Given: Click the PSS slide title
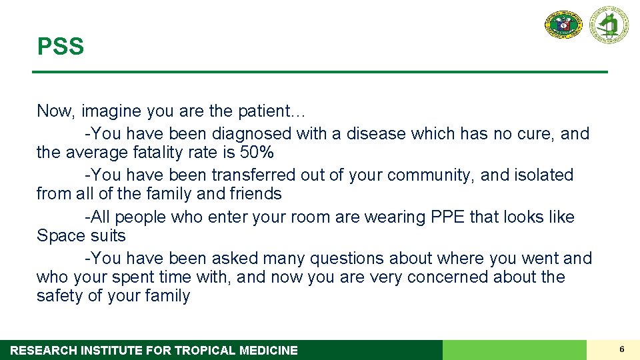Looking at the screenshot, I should [x=61, y=47].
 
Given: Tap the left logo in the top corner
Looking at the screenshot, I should [x=563, y=25].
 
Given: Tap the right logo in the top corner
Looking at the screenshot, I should [x=608, y=25].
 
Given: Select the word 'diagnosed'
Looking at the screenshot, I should [x=250, y=134].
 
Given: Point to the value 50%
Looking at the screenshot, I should [x=257, y=153].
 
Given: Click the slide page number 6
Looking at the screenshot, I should [x=621, y=349].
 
